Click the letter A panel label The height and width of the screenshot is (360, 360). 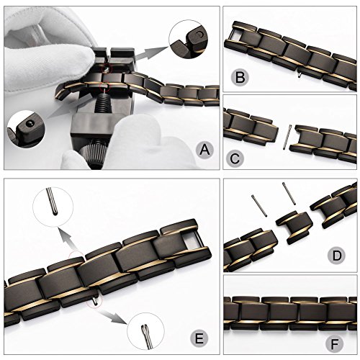pos(204,150)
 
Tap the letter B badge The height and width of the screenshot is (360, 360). pos(240,77)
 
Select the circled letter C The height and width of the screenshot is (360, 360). pos(235,158)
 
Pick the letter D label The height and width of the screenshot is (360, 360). pos(337,255)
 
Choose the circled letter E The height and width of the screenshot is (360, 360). pos(199,338)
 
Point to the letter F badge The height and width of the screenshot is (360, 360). pos(335,344)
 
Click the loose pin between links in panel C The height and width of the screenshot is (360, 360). pos(287,138)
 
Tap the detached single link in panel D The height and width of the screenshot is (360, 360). pos(294,227)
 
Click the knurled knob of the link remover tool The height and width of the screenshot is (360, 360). pos(93,153)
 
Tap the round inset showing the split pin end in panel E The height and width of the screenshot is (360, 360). pos(145,331)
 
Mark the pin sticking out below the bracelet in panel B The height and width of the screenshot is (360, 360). pos(299,75)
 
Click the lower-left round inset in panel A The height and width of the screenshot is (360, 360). pos(26,129)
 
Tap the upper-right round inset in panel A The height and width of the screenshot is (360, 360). pos(188,39)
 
